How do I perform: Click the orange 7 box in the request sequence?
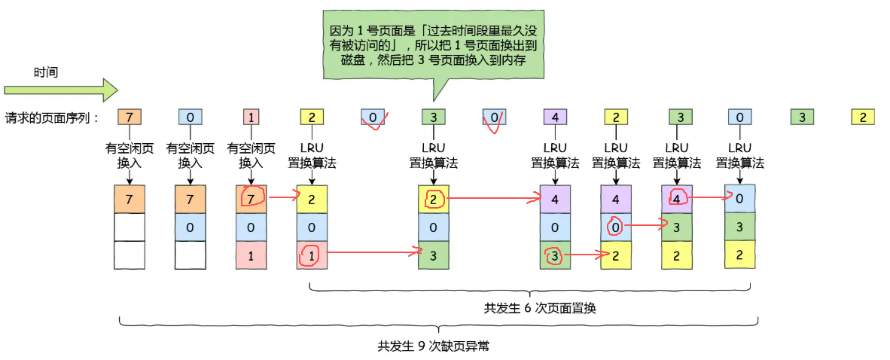[130, 117]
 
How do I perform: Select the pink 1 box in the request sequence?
[251, 117]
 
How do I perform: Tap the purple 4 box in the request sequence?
[555, 117]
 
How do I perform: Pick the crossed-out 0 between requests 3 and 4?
[494, 117]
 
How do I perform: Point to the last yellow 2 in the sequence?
[862, 117]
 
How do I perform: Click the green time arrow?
[60, 90]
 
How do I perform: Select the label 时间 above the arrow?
[46, 72]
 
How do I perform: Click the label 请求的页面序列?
[52, 117]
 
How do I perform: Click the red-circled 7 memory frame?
[251, 198]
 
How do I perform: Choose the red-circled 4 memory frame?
[677, 199]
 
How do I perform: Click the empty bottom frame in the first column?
[130, 255]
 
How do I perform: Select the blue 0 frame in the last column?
[739, 199]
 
